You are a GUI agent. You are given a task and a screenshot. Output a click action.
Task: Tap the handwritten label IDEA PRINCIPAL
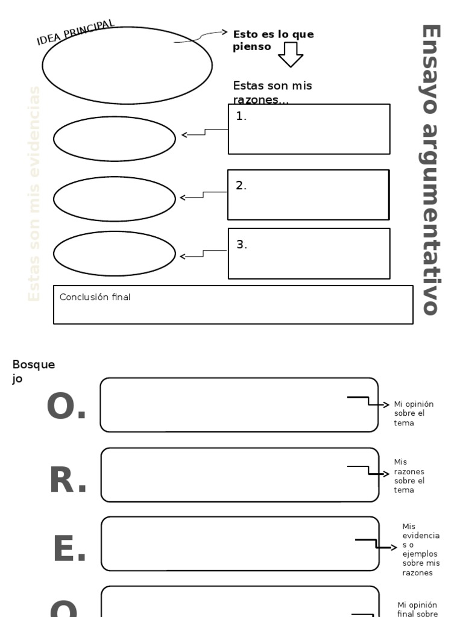coord(75,33)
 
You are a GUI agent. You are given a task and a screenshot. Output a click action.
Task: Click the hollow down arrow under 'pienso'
coord(291,55)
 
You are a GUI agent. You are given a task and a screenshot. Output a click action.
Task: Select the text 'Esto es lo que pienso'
coord(273,40)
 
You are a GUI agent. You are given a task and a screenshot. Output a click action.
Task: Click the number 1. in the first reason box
coord(241,117)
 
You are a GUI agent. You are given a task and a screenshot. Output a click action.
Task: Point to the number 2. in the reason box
coord(241,186)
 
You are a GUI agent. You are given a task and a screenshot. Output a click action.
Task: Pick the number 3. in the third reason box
coord(242,245)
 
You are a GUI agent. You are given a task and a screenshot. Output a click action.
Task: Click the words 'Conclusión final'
coord(95,297)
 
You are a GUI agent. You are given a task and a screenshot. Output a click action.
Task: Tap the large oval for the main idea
coord(127,65)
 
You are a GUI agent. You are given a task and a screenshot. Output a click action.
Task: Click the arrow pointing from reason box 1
coord(204,133)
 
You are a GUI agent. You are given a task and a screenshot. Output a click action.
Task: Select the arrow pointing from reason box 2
coord(203,195)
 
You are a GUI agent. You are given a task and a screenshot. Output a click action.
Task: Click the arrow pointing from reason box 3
coord(203,254)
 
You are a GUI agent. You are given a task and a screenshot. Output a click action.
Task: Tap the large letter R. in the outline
coord(68,481)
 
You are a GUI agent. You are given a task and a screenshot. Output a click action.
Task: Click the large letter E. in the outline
coord(69,550)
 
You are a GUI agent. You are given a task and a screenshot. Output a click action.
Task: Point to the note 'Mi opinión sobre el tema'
coord(413,413)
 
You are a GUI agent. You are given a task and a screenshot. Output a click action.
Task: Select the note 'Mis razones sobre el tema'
coord(409,476)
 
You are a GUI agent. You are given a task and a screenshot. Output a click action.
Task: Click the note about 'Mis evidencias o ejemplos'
coord(421,550)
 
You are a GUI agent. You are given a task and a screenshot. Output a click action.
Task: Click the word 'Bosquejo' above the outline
coord(33,371)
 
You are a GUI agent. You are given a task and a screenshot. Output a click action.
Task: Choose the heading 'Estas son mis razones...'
coord(272,92)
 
